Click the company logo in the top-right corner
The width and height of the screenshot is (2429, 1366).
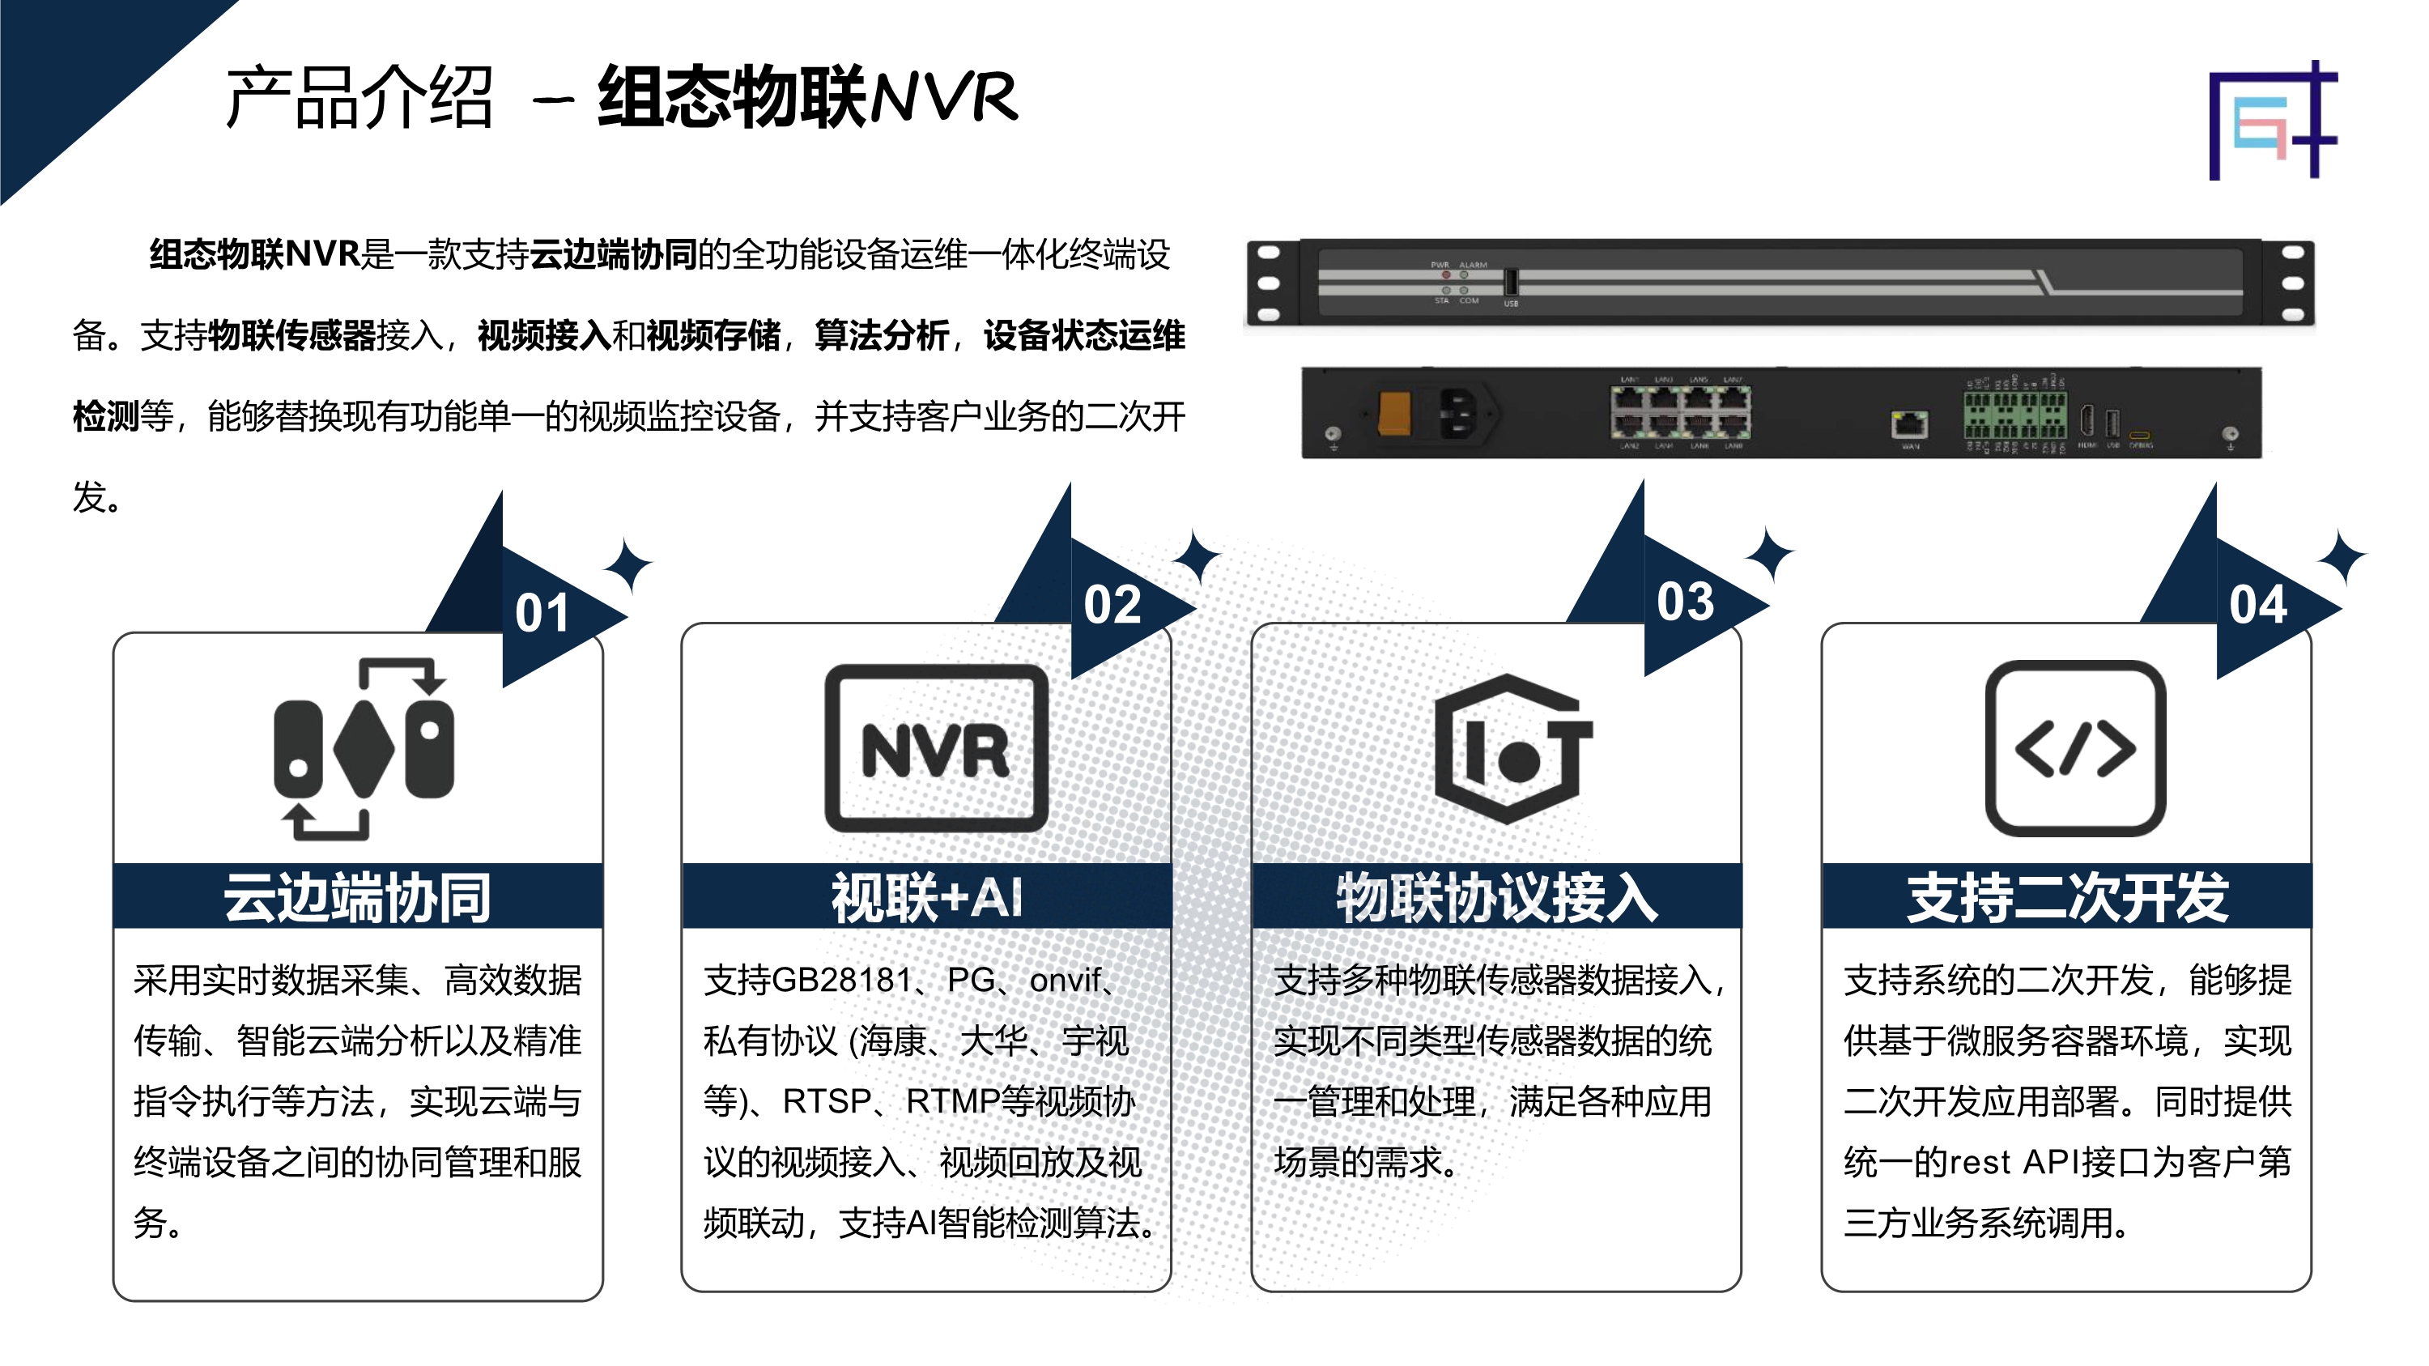pos(2273,121)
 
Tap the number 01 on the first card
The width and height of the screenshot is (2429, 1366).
pos(542,613)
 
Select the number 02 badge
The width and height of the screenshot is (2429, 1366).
pos(1112,604)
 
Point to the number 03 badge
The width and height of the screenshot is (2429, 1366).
pos(1685,602)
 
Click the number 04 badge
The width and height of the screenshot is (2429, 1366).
pos(2258,605)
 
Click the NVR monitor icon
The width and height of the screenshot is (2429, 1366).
pos(936,747)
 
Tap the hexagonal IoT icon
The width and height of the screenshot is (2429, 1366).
pos(1513,748)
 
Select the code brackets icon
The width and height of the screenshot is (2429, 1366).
pos(2074,747)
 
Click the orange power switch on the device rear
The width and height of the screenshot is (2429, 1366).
pos(1394,413)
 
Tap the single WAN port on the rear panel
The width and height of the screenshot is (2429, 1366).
pos(1909,425)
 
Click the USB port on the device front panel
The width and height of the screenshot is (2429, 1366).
pos(1511,282)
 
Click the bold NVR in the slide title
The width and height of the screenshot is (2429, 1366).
pos(944,97)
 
